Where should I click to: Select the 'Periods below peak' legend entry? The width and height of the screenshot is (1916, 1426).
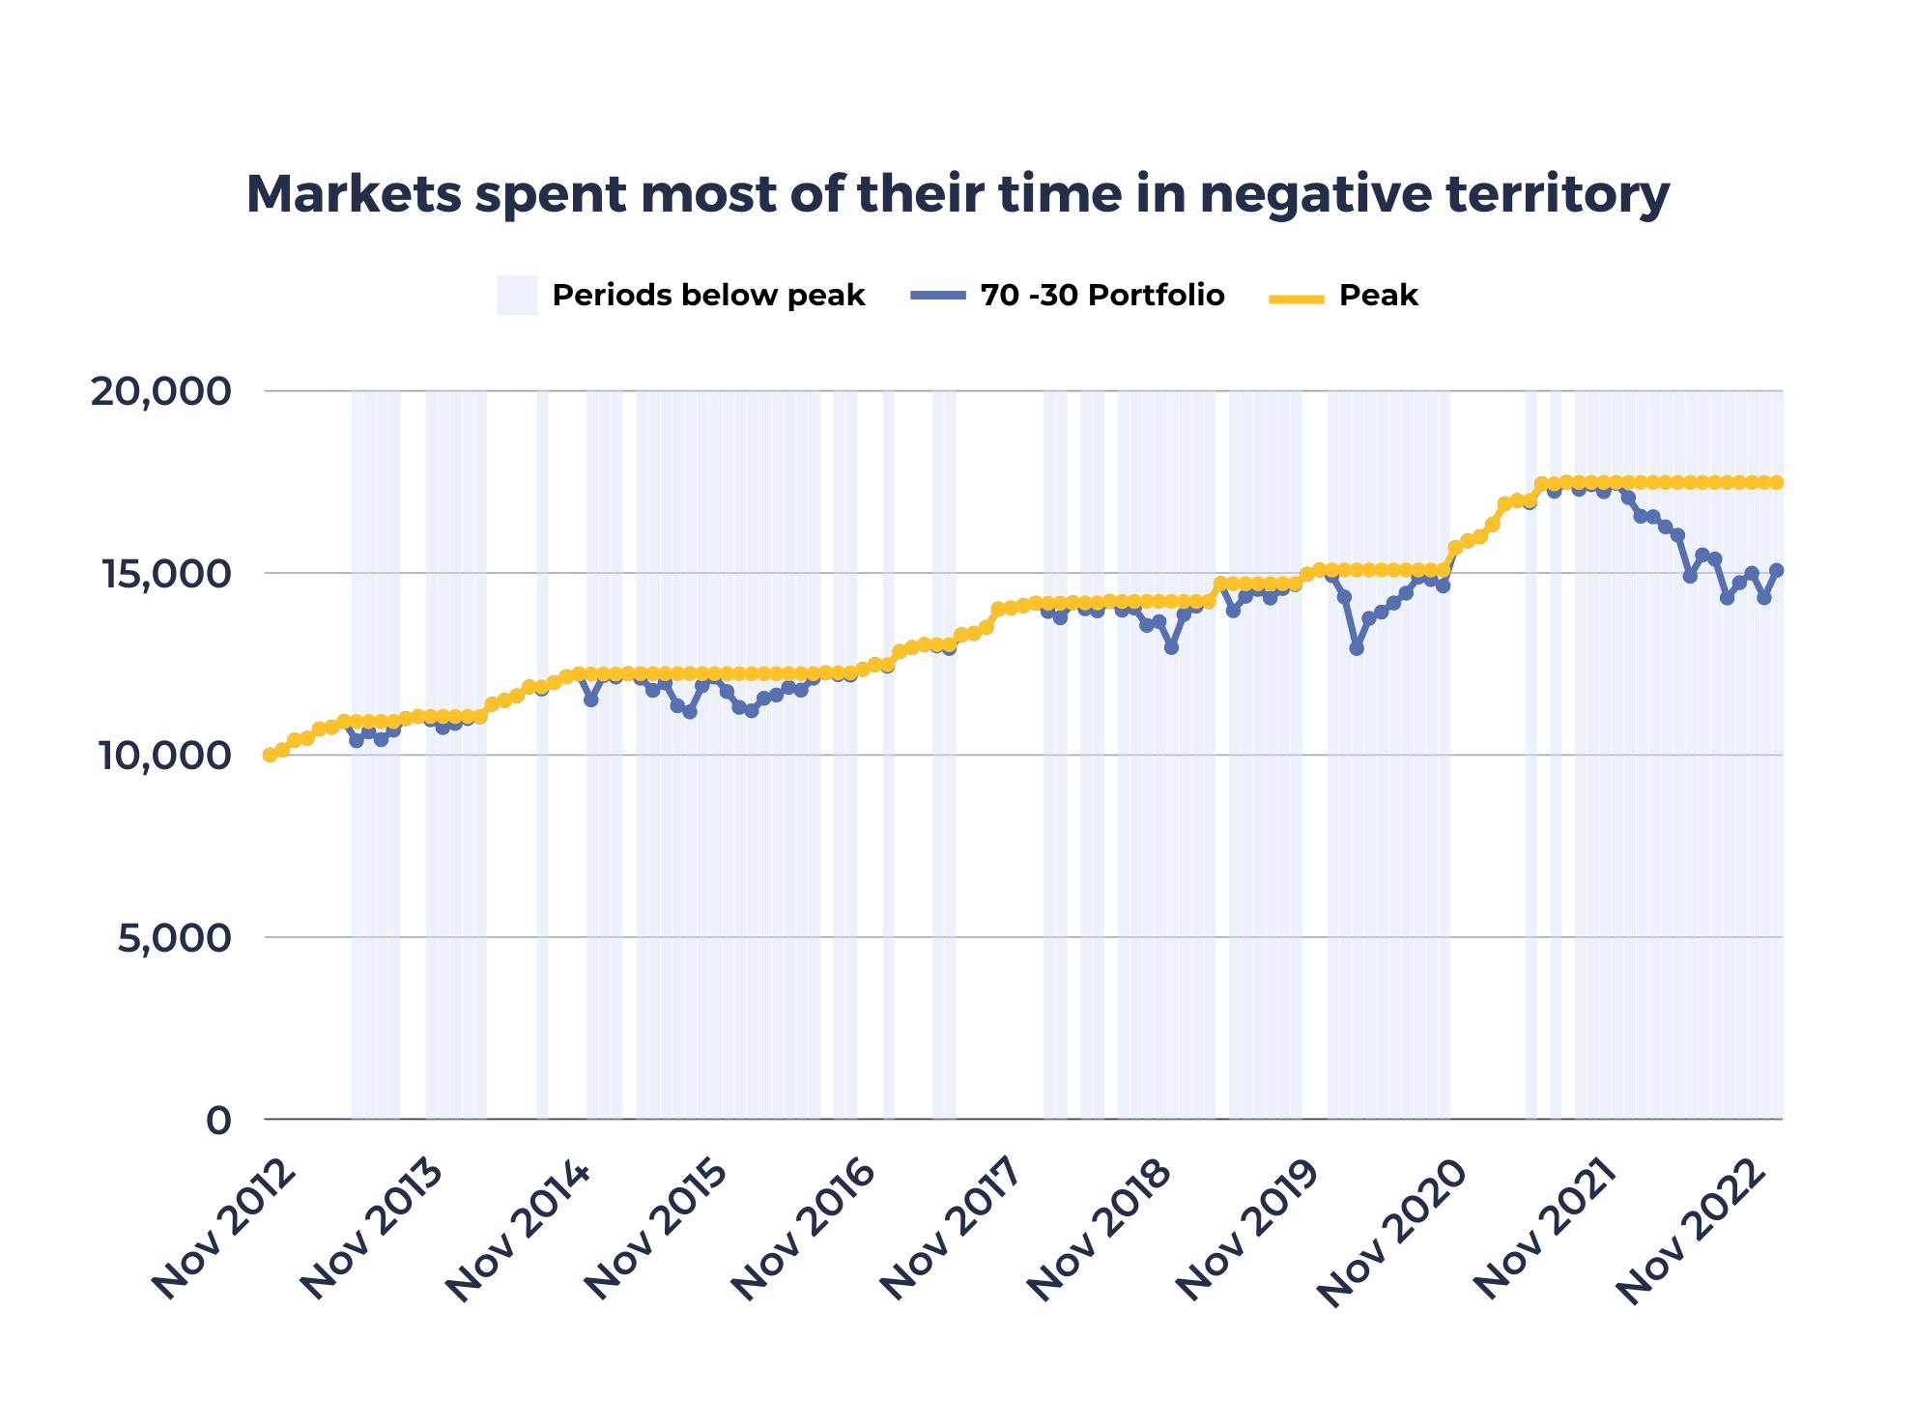point(708,296)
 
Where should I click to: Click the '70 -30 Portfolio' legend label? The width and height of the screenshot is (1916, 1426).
point(1101,296)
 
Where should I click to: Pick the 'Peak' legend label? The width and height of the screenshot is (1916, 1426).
point(1378,296)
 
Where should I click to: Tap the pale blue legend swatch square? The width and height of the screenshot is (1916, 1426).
point(517,296)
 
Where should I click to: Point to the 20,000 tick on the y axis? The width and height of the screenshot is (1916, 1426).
point(161,392)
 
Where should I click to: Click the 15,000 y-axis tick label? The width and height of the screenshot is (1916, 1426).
point(161,574)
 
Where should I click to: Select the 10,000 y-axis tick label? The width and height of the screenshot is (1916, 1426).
point(161,756)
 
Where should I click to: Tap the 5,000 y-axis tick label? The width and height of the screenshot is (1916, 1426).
point(175,938)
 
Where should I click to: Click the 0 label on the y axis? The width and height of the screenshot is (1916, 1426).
point(219,1121)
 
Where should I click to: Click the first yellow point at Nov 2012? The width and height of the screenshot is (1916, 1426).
point(270,755)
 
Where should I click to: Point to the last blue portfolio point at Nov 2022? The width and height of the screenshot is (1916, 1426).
point(1777,570)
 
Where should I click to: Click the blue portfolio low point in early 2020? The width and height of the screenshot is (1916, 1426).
point(1357,648)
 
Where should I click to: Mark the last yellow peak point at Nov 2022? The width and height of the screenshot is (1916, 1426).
point(1777,482)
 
